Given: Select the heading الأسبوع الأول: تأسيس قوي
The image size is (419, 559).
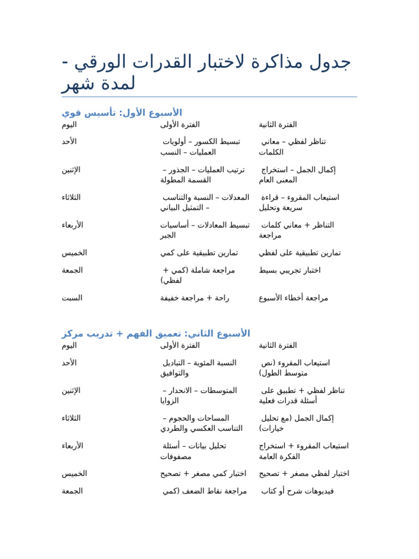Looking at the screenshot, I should click(x=122, y=112).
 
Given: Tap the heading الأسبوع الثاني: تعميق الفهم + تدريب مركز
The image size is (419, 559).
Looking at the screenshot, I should click(x=155, y=333).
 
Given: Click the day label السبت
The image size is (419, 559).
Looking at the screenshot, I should click(x=72, y=298).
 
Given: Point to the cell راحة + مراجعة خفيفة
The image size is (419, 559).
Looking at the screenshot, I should click(x=195, y=298).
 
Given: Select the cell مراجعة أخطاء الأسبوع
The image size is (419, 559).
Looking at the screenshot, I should click(x=294, y=298).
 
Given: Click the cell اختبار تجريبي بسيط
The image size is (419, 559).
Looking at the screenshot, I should click(x=290, y=270).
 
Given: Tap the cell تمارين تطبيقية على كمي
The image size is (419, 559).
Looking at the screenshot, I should click(x=199, y=253).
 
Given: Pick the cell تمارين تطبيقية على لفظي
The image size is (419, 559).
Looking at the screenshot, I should click(x=300, y=253).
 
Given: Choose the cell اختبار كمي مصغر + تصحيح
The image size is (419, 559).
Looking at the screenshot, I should click(x=203, y=473).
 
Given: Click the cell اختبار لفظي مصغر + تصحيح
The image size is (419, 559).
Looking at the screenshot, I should click(x=304, y=473).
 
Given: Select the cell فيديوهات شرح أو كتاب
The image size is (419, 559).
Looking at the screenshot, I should click(x=297, y=491).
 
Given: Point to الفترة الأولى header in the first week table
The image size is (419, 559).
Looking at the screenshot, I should click(x=180, y=124).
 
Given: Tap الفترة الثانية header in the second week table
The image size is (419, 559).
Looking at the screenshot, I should click(x=278, y=345).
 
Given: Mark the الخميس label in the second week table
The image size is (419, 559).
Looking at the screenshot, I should click(x=74, y=473).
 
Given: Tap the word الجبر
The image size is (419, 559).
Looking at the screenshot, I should click(x=168, y=235).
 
